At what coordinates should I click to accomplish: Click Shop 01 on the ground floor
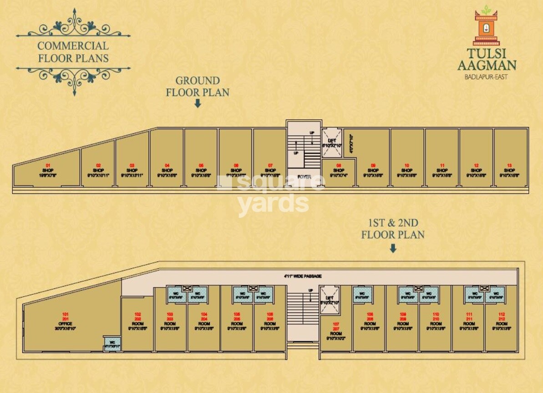(x=46, y=171)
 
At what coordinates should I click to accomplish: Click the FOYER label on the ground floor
(x=304, y=176)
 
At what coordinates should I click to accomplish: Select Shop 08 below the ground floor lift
(x=339, y=172)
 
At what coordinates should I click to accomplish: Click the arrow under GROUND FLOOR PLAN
(x=198, y=104)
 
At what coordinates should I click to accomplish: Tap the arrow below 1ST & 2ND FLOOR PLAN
(x=393, y=248)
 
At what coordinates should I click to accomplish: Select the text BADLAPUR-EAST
(x=486, y=77)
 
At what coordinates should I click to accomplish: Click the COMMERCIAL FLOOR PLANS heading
(x=73, y=52)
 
